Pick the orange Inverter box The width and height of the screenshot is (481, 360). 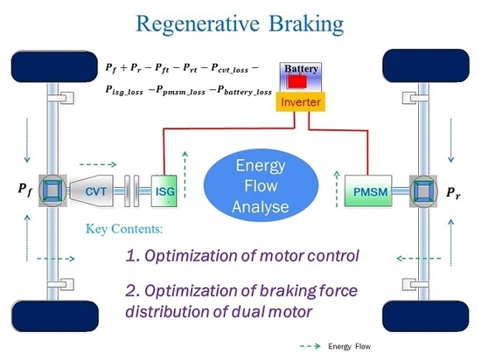click(298, 103)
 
